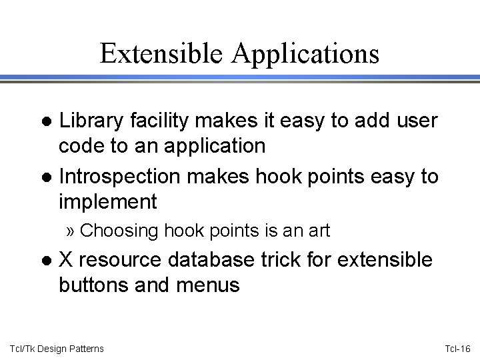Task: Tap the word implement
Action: click(x=107, y=201)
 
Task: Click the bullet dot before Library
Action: click(x=47, y=122)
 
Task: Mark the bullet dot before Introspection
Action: click(x=47, y=178)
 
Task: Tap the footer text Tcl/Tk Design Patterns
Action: click(x=57, y=347)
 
